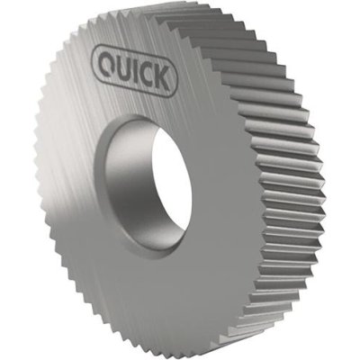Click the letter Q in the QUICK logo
click(107, 63)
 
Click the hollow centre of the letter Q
click(107, 62)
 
